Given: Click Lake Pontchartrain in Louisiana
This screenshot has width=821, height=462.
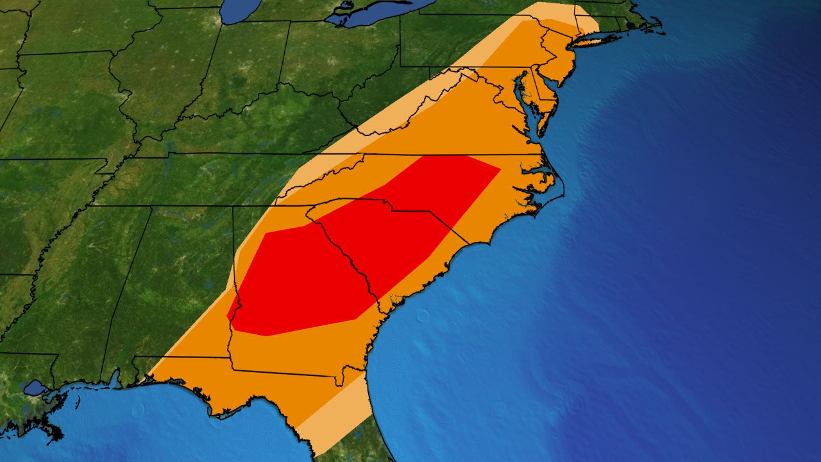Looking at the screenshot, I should [35, 388].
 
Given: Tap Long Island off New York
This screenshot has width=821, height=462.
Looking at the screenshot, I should [597, 40].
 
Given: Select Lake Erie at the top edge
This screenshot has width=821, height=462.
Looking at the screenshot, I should [372, 13].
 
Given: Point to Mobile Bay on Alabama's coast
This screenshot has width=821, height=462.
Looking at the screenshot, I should [116, 379].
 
